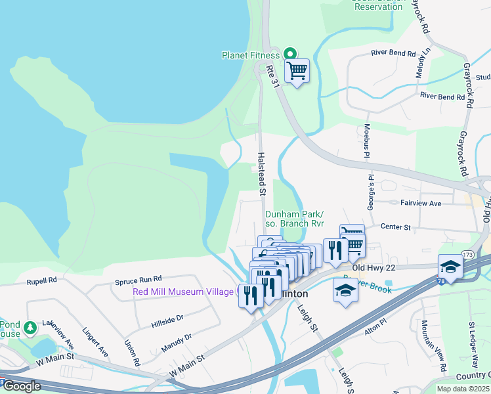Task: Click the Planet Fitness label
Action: [251, 55]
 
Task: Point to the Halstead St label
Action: [261, 174]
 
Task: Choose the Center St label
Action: [395, 227]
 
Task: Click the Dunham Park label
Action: [294, 214]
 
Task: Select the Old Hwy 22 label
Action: [375, 268]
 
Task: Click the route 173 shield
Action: [467, 254]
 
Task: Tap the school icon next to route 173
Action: [450, 266]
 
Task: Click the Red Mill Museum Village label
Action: [183, 292]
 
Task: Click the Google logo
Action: [21, 386]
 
